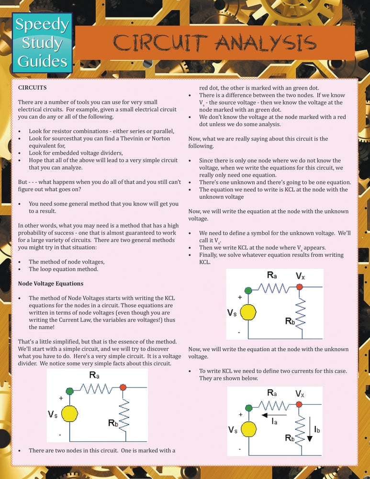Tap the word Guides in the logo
(x=42, y=61)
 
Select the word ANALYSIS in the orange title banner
(x=265, y=43)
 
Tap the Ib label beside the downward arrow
(x=317, y=430)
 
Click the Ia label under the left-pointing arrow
(x=275, y=422)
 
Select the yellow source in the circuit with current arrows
(x=248, y=430)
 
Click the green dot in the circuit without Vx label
(x=70, y=391)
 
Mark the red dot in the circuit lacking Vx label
(x=123, y=387)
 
